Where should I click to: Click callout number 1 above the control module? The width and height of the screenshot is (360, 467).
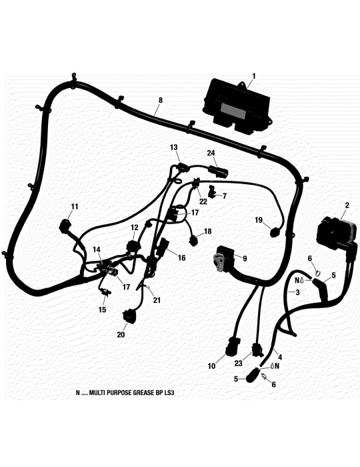pos(254,77)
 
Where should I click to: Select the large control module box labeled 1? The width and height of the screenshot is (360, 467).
pos(237,107)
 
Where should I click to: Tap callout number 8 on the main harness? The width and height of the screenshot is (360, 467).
pos(161,101)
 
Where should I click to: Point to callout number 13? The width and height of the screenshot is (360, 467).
pos(174,147)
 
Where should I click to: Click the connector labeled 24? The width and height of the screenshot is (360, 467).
pos(219,172)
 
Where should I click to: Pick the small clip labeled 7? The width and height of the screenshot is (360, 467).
pos(212,191)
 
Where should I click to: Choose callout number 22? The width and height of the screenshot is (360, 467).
pos(203,201)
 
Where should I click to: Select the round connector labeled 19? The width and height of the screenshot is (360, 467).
pos(275,232)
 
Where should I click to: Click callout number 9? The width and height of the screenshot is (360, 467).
pos(245,259)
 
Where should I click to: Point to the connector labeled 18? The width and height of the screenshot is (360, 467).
pos(194,241)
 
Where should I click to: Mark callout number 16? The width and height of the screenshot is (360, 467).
pos(181,258)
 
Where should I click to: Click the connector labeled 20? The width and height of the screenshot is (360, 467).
pos(129,316)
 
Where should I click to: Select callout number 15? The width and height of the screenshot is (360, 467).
pos(102,310)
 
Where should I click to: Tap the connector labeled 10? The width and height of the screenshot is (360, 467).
pos(231,348)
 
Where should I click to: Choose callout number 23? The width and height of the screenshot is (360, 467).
pos(238,364)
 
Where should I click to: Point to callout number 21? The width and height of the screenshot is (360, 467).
pos(157,300)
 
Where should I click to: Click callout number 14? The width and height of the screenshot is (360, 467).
pos(97,250)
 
